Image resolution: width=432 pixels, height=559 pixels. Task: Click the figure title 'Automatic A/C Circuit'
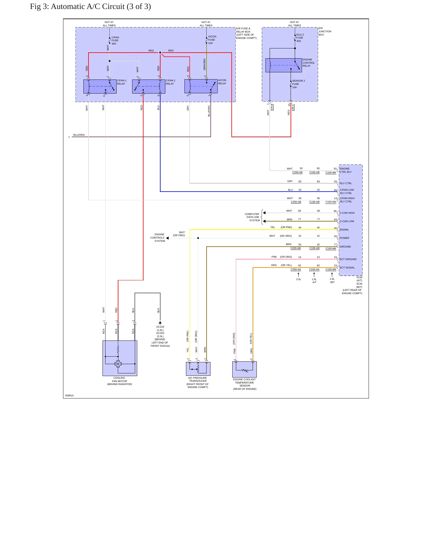click(x=88, y=7)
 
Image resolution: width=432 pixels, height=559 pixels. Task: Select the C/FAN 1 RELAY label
click(x=122, y=82)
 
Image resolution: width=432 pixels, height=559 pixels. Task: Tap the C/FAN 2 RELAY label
click(x=171, y=82)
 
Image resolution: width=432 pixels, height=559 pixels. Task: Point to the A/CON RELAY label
click(x=222, y=82)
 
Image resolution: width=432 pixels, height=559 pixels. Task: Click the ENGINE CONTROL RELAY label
click(x=309, y=63)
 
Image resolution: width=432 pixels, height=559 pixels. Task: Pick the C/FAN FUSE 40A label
click(x=115, y=41)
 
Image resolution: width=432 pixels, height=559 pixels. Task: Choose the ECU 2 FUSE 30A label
click(x=300, y=38)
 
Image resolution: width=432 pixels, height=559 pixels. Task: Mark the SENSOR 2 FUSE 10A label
click(x=298, y=84)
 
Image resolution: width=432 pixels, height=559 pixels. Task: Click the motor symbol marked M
click(x=118, y=364)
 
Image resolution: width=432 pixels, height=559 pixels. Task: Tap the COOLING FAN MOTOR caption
click(x=120, y=381)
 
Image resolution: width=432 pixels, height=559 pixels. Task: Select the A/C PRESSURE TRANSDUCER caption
click(x=198, y=383)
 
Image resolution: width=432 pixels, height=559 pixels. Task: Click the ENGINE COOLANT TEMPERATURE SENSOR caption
click(x=245, y=384)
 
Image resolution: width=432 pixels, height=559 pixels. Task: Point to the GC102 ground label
click(x=160, y=327)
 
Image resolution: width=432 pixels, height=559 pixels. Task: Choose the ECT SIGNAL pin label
click(x=347, y=268)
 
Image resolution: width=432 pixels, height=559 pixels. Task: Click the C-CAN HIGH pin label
click(x=347, y=213)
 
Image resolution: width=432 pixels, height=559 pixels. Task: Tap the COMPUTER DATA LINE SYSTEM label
click(x=252, y=217)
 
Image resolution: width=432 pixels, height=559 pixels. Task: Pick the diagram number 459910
click(x=69, y=395)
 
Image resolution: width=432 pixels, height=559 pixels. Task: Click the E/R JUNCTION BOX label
click(x=325, y=31)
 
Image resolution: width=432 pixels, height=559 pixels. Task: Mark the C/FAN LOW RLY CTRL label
click(x=347, y=191)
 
